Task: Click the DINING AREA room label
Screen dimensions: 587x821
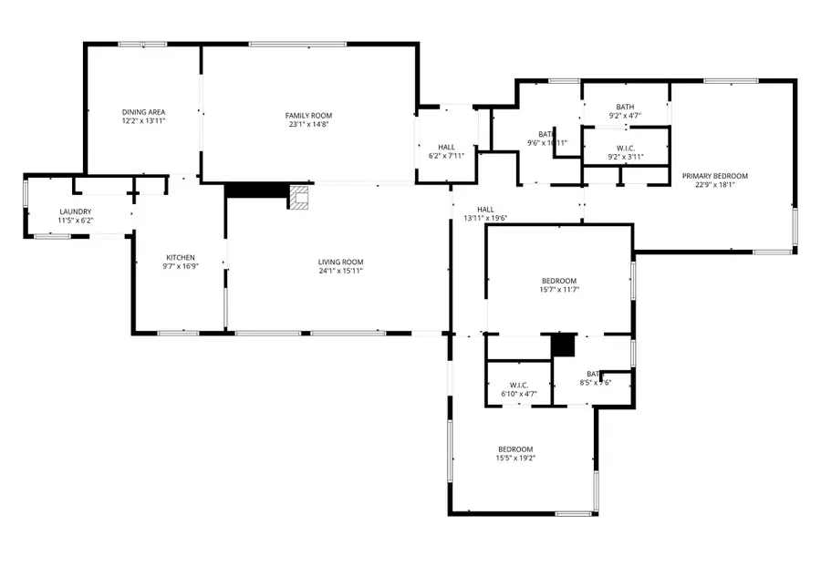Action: (144, 111)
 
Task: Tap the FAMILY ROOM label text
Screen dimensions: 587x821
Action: (308, 116)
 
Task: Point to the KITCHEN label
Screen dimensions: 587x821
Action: (181, 257)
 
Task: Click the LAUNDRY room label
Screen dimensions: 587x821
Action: (76, 211)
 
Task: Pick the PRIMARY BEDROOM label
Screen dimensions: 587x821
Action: (715, 176)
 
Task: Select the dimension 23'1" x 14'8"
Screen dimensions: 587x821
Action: (308, 125)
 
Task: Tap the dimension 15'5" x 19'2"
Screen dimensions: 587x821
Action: (515, 458)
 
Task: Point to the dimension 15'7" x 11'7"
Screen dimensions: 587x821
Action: (559, 290)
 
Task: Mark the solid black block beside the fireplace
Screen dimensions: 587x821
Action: (256, 190)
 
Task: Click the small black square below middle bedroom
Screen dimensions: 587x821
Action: (564, 345)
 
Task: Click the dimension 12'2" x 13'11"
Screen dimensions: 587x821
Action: (144, 120)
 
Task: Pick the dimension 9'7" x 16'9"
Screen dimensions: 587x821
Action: (181, 267)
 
